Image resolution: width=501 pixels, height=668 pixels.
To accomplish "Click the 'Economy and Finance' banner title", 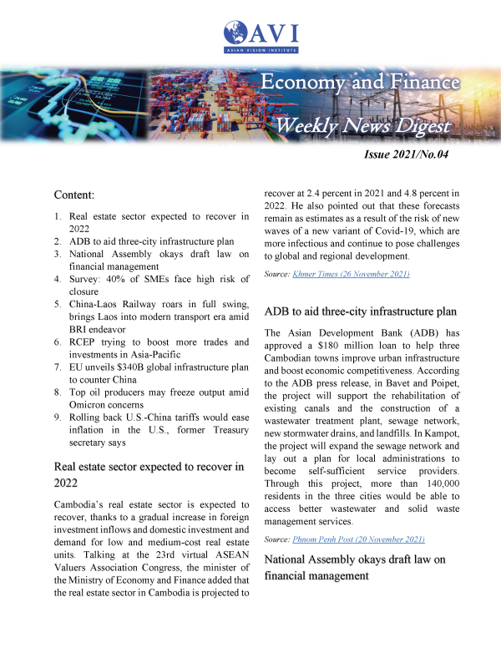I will point(360,83).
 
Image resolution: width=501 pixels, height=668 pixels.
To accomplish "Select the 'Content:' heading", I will point(75,195).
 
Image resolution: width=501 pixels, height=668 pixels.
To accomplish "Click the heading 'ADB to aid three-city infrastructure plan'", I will point(360,311).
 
